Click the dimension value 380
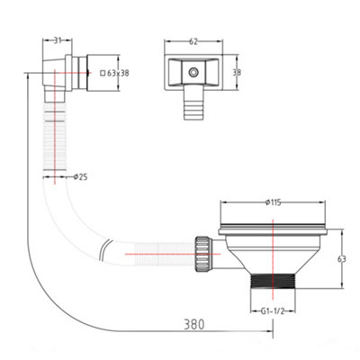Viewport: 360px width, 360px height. [x=194, y=324]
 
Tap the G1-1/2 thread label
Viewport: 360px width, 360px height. [x=273, y=311]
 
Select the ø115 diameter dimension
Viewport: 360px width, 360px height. [x=273, y=202]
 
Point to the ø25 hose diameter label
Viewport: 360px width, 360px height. [x=80, y=177]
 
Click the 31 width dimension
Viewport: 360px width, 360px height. [x=58, y=40]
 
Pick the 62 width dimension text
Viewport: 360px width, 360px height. [x=193, y=41]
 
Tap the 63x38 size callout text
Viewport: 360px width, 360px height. [x=118, y=73]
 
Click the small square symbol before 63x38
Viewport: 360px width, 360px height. [x=103, y=73]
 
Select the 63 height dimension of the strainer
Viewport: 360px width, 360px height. [x=342, y=259]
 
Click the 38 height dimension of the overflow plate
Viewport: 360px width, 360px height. [x=237, y=72]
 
